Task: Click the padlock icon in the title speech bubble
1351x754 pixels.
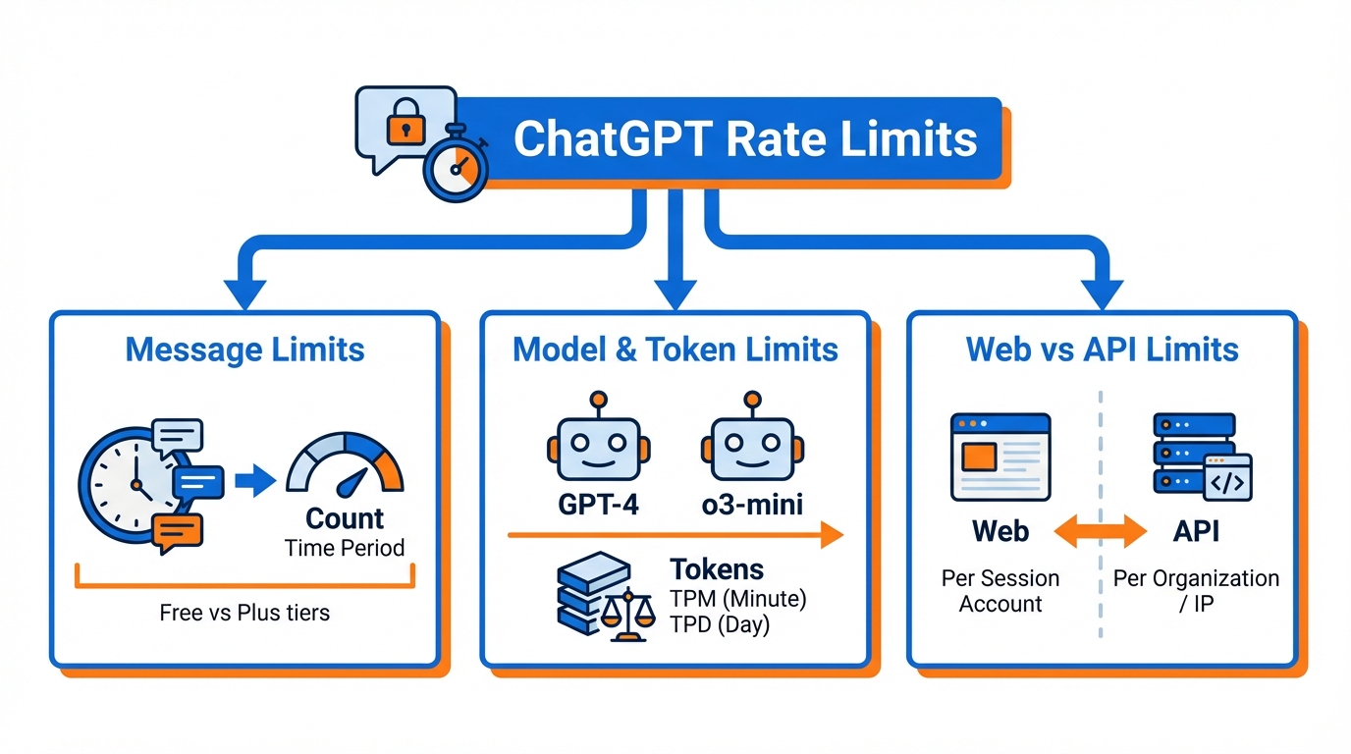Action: click(x=403, y=124)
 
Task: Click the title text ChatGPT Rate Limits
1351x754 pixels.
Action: click(x=745, y=138)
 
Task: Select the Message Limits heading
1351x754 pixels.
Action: click(x=245, y=350)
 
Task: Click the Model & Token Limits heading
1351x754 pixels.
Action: click(x=675, y=350)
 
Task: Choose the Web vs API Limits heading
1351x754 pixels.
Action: click(x=1103, y=350)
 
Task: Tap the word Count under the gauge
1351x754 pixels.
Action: click(x=345, y=518)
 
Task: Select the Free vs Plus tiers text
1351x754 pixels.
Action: click(x=244, y=614)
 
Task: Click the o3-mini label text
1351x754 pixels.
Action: click(x=752, y=506)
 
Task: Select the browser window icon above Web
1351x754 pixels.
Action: click(x=1000, y=457)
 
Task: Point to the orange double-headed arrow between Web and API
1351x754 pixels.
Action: click(x=1099, y=532)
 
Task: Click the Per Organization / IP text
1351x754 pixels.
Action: click(x=1196, y=590)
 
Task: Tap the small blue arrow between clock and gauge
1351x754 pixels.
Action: click(x=257, y=481)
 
